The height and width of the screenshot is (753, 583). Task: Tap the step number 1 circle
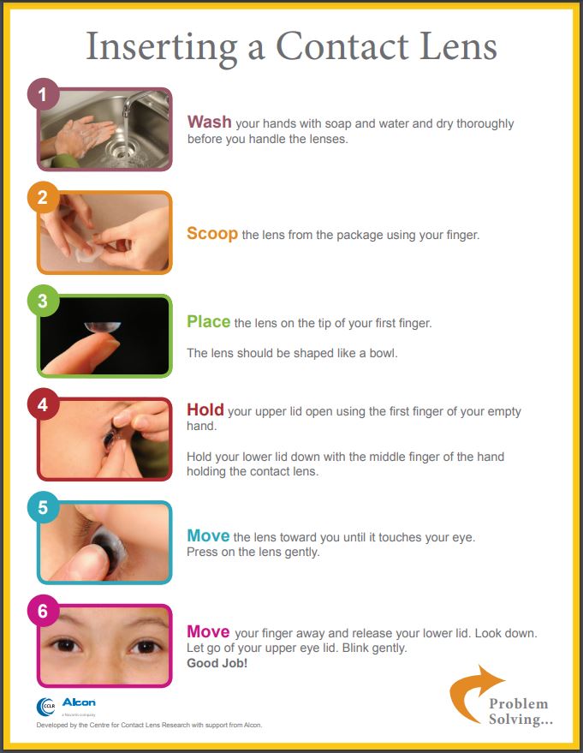[x=43, y=94]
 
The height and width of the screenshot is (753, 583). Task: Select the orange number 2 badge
[x=43, y=197]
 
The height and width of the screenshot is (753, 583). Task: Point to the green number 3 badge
[x=43, y=301]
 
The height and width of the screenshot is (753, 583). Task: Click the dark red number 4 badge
[x=43, y=404]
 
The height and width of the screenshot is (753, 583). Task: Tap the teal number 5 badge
[x=43, y=508]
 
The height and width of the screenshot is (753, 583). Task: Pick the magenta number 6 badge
[x=43, y=611]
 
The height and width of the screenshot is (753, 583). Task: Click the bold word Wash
[x=209, y=122]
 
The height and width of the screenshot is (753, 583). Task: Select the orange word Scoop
[x=212, y=234]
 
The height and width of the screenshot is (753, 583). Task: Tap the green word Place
[x=209, y=322]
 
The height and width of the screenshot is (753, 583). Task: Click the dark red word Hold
[x=205, y=409]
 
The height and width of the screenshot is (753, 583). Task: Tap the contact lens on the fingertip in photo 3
[x=102, y=327]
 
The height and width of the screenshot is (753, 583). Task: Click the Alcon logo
[x=79, y=702]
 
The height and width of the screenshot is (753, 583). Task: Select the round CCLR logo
[x=46, y=707]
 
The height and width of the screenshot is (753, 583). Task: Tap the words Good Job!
[x=217, y=663]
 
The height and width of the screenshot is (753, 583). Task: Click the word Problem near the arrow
[x=518, y=703]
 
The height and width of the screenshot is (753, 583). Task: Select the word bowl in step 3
[x=383, y=354]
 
